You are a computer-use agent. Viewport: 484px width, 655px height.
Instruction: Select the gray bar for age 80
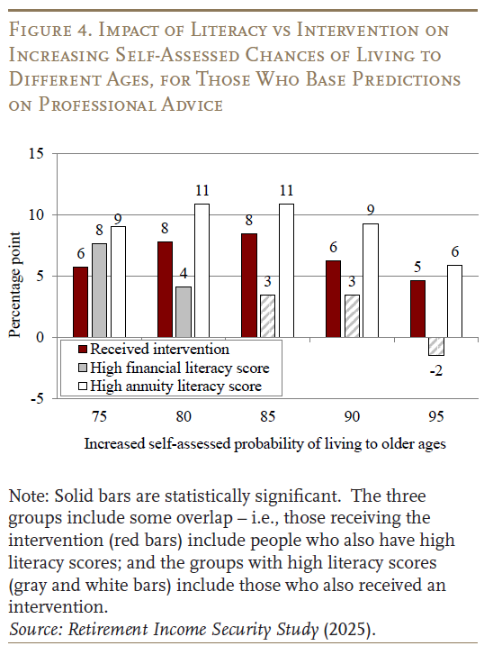tap(183, 311)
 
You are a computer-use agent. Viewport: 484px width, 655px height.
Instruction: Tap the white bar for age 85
tap(286, 270)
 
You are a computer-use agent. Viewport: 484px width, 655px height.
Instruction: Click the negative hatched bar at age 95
tap(436, 346)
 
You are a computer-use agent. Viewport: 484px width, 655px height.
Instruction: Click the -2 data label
tap(436, 369)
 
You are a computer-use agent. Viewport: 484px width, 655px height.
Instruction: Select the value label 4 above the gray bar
tap(183, 274)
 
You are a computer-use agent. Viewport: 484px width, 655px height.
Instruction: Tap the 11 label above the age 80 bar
tap(202, 191)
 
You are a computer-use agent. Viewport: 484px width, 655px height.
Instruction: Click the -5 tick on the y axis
tap(36, 399)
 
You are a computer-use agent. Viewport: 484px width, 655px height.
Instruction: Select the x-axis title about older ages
tap(264, 443)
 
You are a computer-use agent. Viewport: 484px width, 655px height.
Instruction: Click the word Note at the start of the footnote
tap(26, 496)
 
